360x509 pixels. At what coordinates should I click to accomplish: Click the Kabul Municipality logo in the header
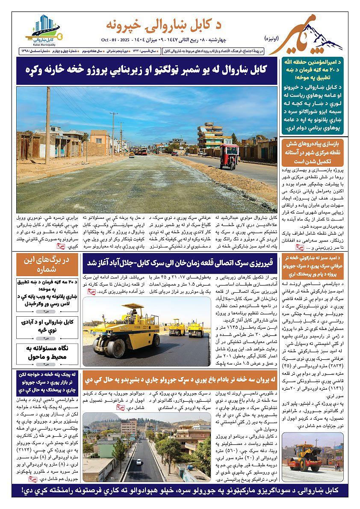click(x=42, y=29)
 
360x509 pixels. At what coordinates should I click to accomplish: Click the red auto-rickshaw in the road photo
click(x=229, y=155)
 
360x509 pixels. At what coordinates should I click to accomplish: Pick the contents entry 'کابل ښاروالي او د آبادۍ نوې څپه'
click(x=47, y=325)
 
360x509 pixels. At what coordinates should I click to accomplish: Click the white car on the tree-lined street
click(x=139, y=462)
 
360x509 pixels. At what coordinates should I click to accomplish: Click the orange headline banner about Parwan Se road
click(x=180, y=379)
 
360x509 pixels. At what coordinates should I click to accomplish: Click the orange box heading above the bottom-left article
click(x=47, y=381)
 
